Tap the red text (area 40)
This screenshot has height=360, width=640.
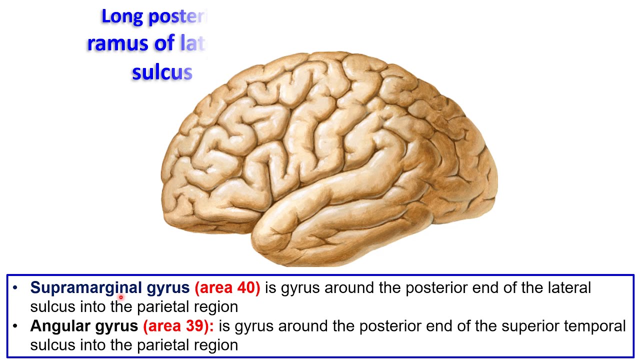(x=227, y=287)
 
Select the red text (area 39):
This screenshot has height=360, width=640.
(x=178, y=326)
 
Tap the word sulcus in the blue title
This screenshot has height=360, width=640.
(x=162, y=73)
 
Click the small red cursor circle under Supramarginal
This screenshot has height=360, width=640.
(x=120, y=297)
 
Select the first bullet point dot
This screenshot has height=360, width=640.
(x=15, y=287)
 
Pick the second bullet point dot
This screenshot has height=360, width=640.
(x=15, y=326)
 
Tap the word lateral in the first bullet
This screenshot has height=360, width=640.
(x=569, y=287)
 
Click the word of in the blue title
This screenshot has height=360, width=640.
(x=164, y=44)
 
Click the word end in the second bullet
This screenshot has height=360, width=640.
(x=403, y=326)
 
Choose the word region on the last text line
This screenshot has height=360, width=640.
(x=215, y=345)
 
